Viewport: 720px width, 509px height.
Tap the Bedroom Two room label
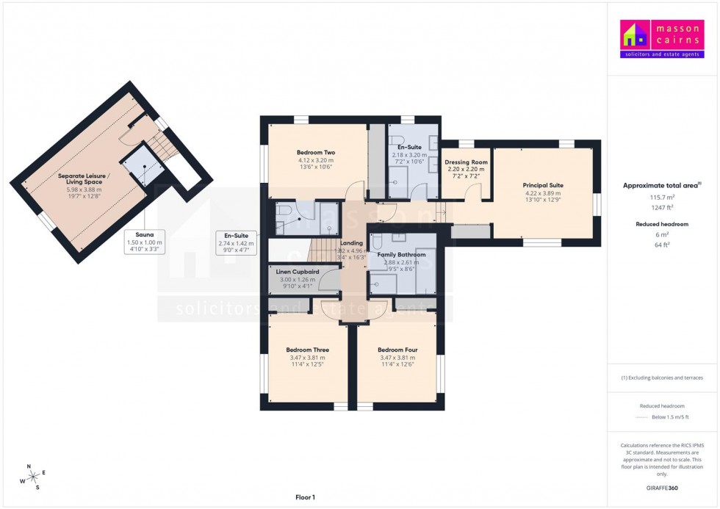pos(316,153)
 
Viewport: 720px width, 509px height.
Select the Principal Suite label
pos(543,185)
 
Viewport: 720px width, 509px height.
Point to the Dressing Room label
pos(466,162)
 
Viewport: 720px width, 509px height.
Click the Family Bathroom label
pos(401,255)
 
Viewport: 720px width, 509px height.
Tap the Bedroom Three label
pos(307,350)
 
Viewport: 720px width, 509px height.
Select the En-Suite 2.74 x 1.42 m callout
pos(235,242)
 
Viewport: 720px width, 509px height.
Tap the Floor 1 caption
pos(304,497)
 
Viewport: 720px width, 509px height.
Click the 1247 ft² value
pos(662,208)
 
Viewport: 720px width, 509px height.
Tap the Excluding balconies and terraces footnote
pos(662,378)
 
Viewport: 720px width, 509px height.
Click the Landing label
pos(351,242)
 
